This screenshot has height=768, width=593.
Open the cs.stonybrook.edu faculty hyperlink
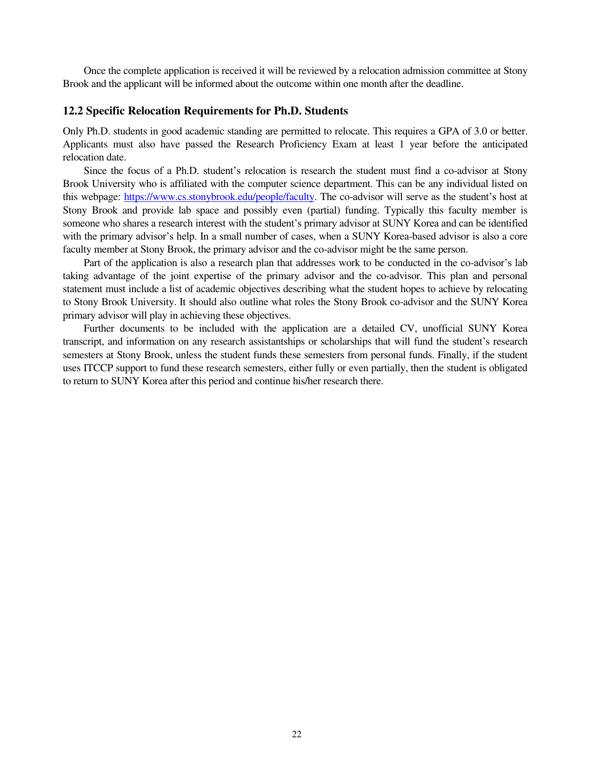point(219,197)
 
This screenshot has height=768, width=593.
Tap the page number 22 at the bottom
point(296,735)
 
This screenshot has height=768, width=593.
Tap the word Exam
point(344,144)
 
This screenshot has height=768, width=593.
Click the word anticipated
point(505,144)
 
